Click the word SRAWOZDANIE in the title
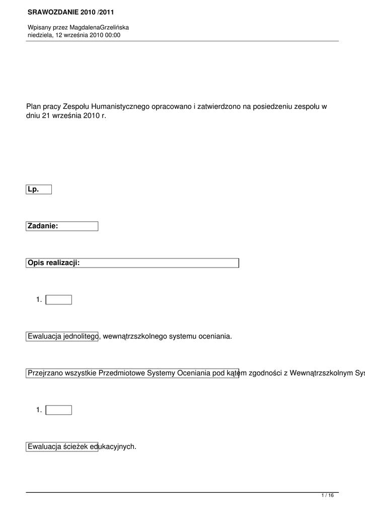pyautogui.click(x=51, y=11)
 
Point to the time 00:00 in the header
pyautogui.click(x=113, y=35)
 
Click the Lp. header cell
pyautogui.click(x=39, y=189)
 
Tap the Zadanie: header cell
pyautogui.click(x=62, y=226)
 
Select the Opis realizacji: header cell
pyautogui.click(x=132, y=263)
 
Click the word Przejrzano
pyautogui.click(x=46, y=373)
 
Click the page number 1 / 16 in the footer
pyautogui.click(x=327, y=496)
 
